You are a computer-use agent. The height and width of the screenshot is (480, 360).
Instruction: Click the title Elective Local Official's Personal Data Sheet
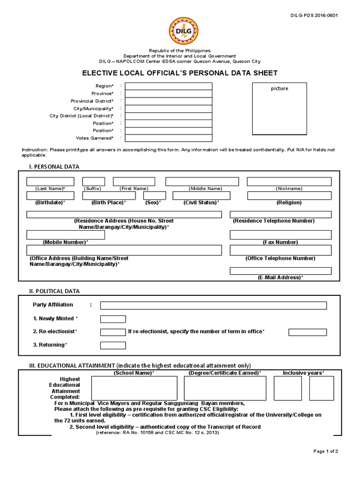180,73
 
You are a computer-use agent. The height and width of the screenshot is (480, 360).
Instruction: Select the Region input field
168,86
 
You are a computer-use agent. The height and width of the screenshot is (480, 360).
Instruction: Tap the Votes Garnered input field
168,138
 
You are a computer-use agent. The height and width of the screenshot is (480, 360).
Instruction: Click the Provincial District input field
168,101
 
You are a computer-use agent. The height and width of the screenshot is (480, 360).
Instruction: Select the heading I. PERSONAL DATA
54,166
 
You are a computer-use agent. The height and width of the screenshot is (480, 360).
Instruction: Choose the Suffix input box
93,181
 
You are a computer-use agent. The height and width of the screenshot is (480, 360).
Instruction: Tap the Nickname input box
289,181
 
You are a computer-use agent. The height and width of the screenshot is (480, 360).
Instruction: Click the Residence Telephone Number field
280,214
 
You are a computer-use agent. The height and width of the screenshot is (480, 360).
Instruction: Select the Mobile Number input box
66,235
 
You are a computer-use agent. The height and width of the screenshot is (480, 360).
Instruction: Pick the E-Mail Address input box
280,271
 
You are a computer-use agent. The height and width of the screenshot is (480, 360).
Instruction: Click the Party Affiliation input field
213,306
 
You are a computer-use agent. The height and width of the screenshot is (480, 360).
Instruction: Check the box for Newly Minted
113,319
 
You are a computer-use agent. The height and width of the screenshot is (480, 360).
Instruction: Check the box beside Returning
113,345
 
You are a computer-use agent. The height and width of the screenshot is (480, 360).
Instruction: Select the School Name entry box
133,389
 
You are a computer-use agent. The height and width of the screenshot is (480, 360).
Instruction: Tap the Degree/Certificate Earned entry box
225,389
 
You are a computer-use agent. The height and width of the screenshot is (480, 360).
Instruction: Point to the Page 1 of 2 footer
326,451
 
